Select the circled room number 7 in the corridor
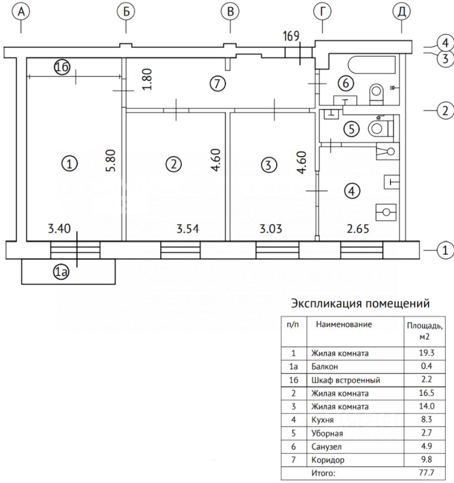216,84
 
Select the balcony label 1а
62,272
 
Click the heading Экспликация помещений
361,304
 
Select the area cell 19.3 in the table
424,353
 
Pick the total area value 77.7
424,472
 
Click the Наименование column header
344,325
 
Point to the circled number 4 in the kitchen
352,191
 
